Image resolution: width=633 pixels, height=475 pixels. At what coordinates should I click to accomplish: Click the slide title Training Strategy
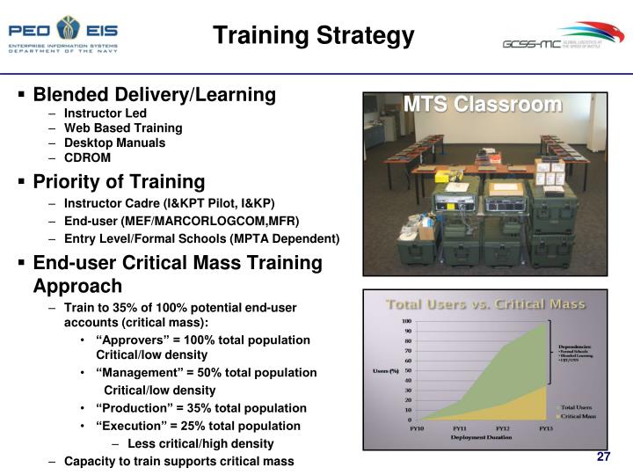click(x=314, y=35)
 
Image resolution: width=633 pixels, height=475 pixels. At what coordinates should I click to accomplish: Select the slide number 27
click(x=603, y=457)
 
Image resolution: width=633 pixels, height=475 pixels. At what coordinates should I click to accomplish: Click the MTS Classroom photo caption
click(x=483, y=105)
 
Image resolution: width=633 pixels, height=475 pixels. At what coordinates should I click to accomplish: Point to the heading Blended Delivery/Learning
click(x=154, y=94)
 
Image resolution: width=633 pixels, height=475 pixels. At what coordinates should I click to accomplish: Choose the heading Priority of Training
click(x=119, y=182)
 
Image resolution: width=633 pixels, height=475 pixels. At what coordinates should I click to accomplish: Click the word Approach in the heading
click(x=77, y=286)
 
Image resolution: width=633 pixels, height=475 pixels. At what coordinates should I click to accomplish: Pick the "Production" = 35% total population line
click(x=201, y=408)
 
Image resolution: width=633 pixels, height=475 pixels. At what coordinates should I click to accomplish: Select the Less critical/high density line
click(x=200, y=443)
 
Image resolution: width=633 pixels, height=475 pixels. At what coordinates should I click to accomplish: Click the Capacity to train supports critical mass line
click(x=178, y=461)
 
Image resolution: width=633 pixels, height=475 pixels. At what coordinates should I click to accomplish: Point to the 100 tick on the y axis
click(x=406, y=321)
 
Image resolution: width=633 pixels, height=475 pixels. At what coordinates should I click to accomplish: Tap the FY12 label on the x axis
click(x=504, y=427)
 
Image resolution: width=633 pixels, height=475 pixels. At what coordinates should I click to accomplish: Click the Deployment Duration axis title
click(x=481, y=436)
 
